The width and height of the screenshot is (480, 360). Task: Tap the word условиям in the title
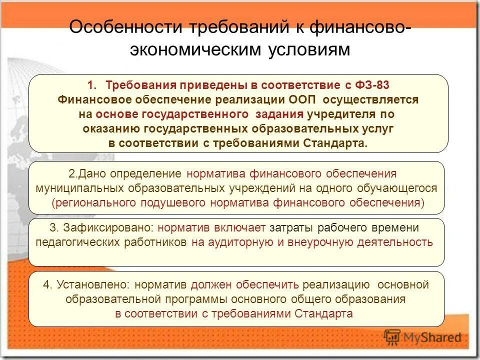coord(311,49)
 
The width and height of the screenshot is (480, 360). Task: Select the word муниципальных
coord(80,188)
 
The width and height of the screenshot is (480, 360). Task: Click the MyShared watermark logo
coord(423,336)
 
